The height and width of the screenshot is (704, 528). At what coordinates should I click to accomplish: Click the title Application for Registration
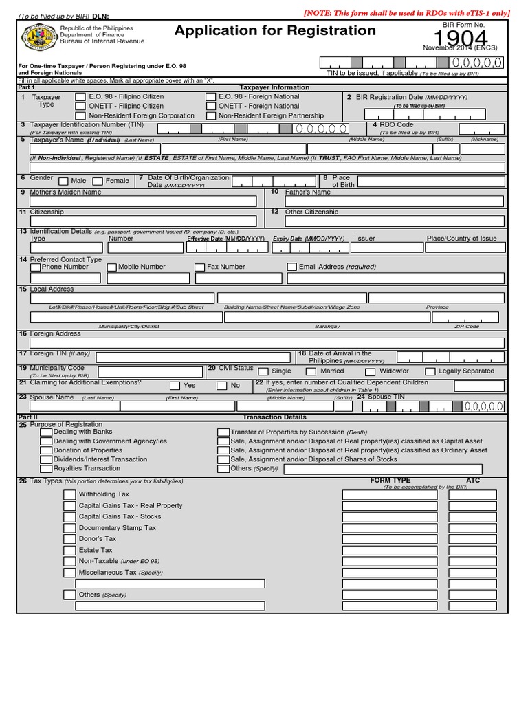(x=275, y=30)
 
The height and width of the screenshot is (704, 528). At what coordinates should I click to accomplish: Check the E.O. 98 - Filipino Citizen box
(x=80, y=97)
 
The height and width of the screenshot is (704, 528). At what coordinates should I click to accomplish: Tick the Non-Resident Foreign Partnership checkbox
(x=211, y=116)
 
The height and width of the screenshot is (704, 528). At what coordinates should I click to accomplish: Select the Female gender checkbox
(x=98, y=181)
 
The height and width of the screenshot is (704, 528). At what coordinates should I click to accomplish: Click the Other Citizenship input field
(x=386, y=221)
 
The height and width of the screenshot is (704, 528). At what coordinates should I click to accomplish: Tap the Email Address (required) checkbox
(x=291, y=267)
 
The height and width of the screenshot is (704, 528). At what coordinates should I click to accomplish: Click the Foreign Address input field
(x=267, y=343)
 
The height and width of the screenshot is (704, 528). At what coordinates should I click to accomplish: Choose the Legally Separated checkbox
(x=430, y=371)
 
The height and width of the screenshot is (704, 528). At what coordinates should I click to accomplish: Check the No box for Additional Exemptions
(x=221, y=386)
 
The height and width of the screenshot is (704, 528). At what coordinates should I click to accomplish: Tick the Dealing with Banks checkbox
(x=46, y=432)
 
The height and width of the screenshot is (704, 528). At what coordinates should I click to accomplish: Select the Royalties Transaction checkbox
(x=46, y=469)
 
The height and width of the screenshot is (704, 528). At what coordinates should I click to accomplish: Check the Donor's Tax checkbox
(x=69, y=539)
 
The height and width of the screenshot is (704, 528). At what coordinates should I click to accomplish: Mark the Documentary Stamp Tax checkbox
(x=69, y=528)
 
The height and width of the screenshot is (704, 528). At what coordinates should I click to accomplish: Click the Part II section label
(x=27, y=417)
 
